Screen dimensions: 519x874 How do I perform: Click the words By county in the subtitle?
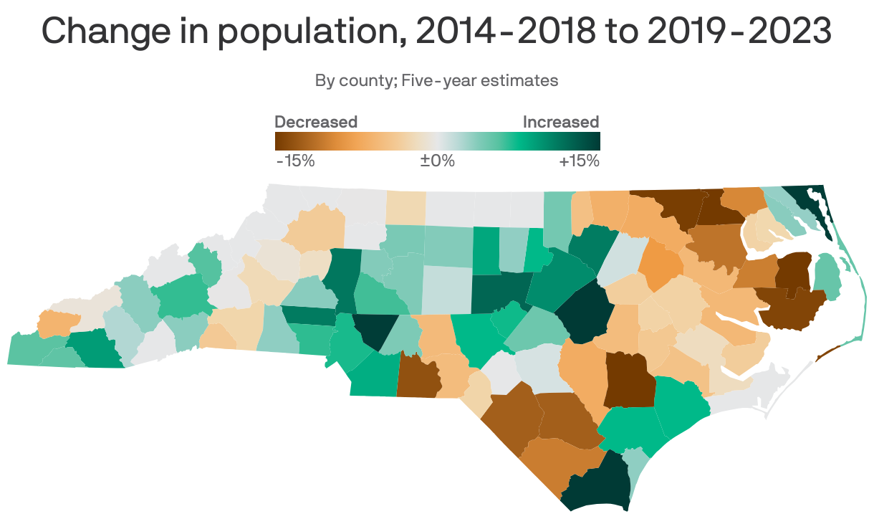pos(355,80)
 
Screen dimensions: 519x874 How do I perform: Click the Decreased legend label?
pos(316,122)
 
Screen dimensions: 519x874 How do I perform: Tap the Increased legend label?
pos(560,122)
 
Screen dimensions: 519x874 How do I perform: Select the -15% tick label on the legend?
pos(295,161)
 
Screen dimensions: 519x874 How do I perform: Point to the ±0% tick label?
pos(437,161)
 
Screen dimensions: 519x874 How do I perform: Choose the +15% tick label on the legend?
pos(578,161)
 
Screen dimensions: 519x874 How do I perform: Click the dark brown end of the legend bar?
pos(281,141)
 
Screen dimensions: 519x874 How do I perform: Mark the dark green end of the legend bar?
pos(593,141)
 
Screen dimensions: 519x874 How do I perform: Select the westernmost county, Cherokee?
pos(32,350)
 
